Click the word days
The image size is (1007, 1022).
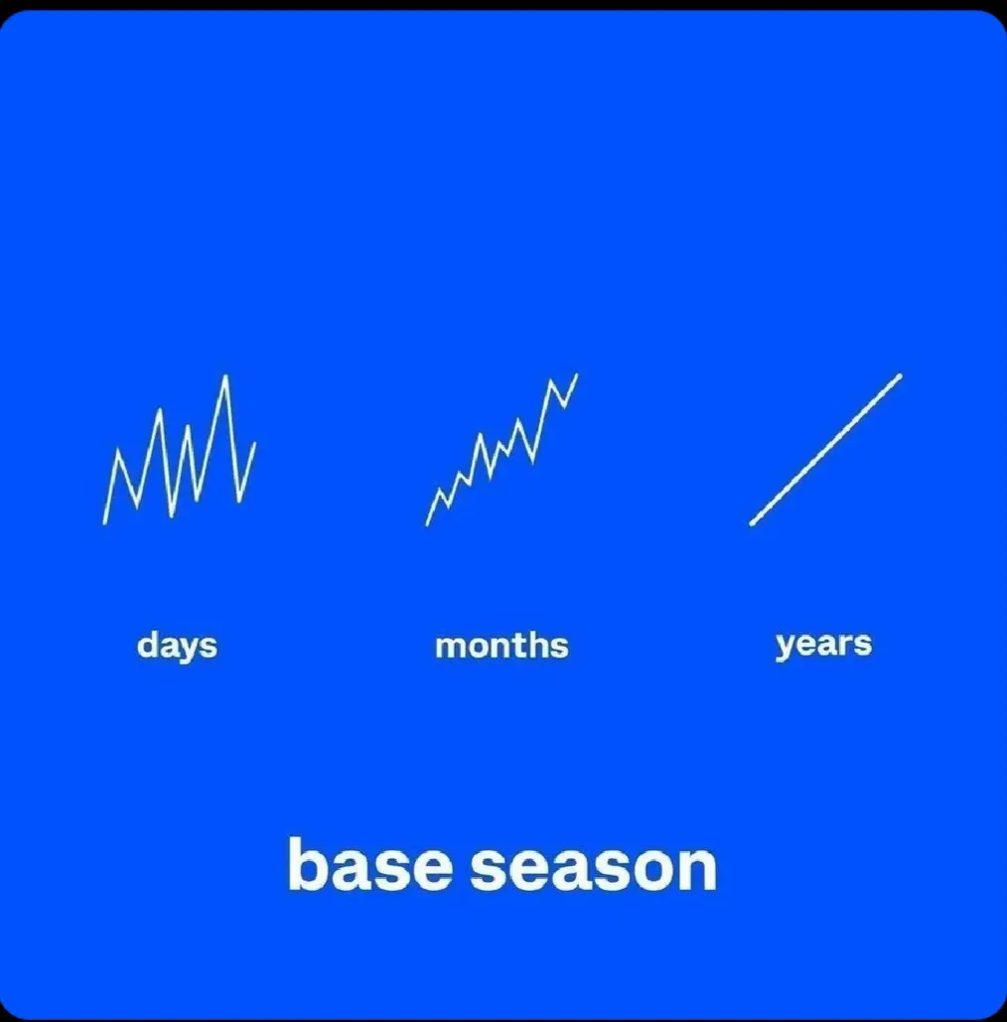coord(177,646)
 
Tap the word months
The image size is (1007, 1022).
coord(502,646)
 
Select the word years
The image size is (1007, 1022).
coord(823,644)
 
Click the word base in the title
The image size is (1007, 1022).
coord(370,865)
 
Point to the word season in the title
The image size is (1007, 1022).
coord(594,867)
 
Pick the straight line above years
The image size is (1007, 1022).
coord(826,450)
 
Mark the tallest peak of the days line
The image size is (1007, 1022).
coord(225,376)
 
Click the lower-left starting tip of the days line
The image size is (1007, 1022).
coord(104,522)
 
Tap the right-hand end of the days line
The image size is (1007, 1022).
coord(255,443)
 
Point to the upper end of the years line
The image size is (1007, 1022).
coord(900,376)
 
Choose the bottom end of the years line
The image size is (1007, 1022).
coord(752,522)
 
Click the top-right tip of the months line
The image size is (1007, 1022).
coord(577,374)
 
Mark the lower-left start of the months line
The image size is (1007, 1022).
coord(427,524)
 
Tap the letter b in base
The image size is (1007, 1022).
coord(307,865)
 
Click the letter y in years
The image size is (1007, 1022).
coord(785,647)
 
